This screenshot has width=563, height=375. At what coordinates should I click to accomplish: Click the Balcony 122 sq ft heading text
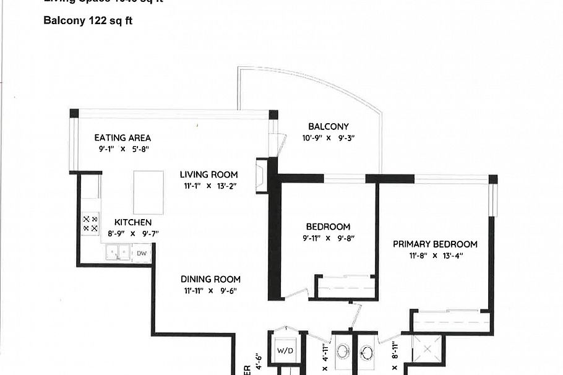[88, 20]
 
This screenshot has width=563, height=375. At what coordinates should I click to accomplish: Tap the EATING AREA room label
[122, 138]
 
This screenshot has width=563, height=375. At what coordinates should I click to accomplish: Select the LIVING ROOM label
[209, 175]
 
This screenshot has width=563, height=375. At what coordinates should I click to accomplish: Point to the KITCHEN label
[133, 222]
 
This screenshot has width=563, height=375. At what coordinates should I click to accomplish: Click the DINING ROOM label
[210, 279]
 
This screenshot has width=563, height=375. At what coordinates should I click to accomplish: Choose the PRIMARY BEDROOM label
[435, 244]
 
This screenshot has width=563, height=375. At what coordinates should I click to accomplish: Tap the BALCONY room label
[328, 127]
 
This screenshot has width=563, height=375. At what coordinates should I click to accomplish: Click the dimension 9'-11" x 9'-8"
[328, 238]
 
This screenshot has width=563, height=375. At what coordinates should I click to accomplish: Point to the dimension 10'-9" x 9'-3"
[328, 138]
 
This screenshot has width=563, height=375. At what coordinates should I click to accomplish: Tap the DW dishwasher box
[142, 253]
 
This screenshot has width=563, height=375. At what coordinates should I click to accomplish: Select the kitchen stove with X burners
[90, 223]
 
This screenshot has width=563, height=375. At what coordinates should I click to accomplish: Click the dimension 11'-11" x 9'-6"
[210, 291]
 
